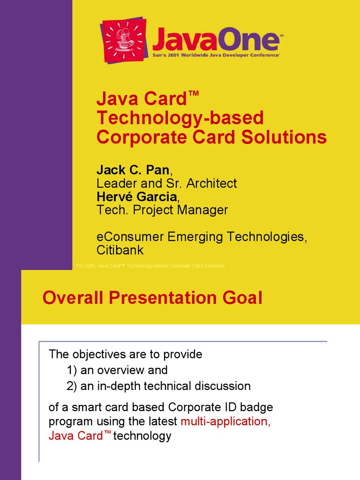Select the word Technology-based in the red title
[x=180, y=118]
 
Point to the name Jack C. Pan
[x=133, y=169]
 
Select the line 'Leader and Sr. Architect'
[x=166, y=183]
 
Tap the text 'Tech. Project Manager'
[x=162, y=210]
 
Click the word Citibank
[x=120, y=250]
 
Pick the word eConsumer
[x=130, y=237]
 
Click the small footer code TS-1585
[x=85, y=266]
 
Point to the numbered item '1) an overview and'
[x=117, y=370]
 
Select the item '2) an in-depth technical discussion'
[x=158, y=386]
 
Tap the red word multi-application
[x=225, y=421]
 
